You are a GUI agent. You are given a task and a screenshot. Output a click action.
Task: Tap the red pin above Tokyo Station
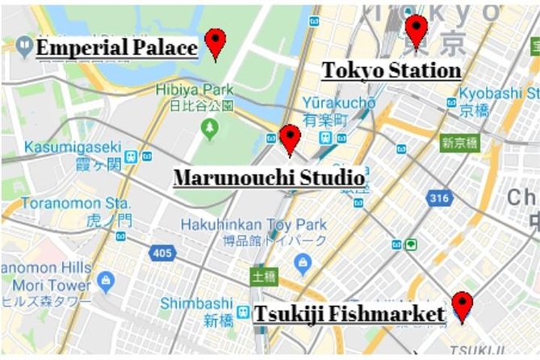tap(416, 30)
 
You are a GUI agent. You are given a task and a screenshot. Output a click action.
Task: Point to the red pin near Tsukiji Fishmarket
tap(462, 306)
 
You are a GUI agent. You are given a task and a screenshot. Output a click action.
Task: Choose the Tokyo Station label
tap(391, 70)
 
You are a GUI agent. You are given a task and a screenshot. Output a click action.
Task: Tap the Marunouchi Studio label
tap(269, 177)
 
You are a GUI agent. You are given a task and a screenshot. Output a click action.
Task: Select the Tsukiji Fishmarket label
tap(350, 313)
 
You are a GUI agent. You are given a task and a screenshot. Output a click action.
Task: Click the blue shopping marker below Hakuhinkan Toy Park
tap(303, 262)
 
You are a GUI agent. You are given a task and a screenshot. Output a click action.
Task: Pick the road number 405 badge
tap(162, 253)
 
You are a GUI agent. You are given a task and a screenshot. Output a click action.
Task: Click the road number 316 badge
tap(438, 198)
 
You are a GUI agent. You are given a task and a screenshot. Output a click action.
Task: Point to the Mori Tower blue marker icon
tap(106, 281)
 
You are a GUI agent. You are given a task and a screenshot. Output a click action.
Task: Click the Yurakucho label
tap(339, 103)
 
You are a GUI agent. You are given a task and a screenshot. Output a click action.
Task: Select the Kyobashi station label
tap(499, 94)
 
